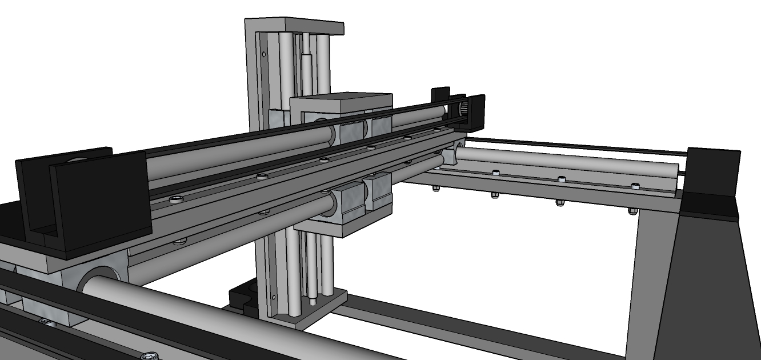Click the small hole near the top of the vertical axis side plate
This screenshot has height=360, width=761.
263,55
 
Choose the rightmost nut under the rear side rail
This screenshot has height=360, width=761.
632,210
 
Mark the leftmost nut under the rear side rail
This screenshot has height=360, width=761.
436,189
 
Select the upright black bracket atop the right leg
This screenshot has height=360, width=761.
711,171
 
